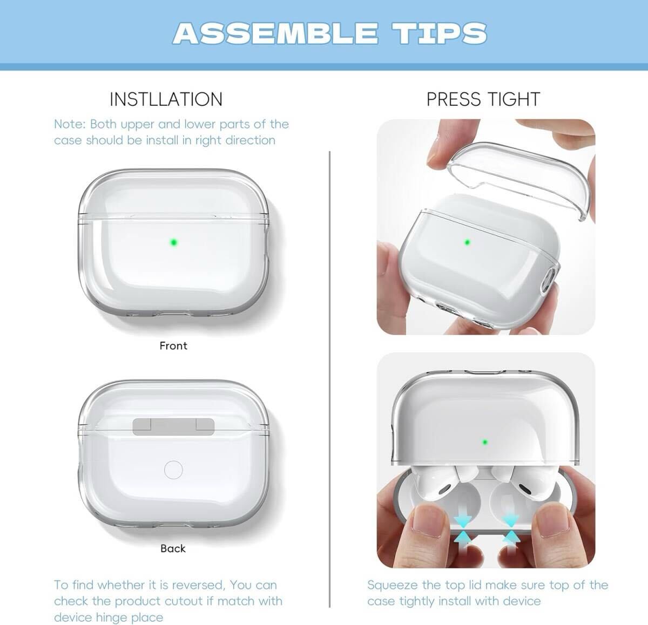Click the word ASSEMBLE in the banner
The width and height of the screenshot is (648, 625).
[275, 33]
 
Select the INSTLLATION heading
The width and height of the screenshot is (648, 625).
[166, 99]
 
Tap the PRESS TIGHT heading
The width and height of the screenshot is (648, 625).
[483, 99]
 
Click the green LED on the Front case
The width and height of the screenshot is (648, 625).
[173, 242]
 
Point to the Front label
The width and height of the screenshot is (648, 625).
[173, 346]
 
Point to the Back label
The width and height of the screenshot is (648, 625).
[173, 548]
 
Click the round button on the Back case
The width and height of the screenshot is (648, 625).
[173, 470]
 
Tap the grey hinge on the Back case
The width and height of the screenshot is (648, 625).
[173, 426]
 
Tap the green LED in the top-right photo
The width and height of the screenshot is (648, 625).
[467, 242]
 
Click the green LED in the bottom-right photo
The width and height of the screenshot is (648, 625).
[485, 442]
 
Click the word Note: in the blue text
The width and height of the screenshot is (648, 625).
[70, 124]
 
